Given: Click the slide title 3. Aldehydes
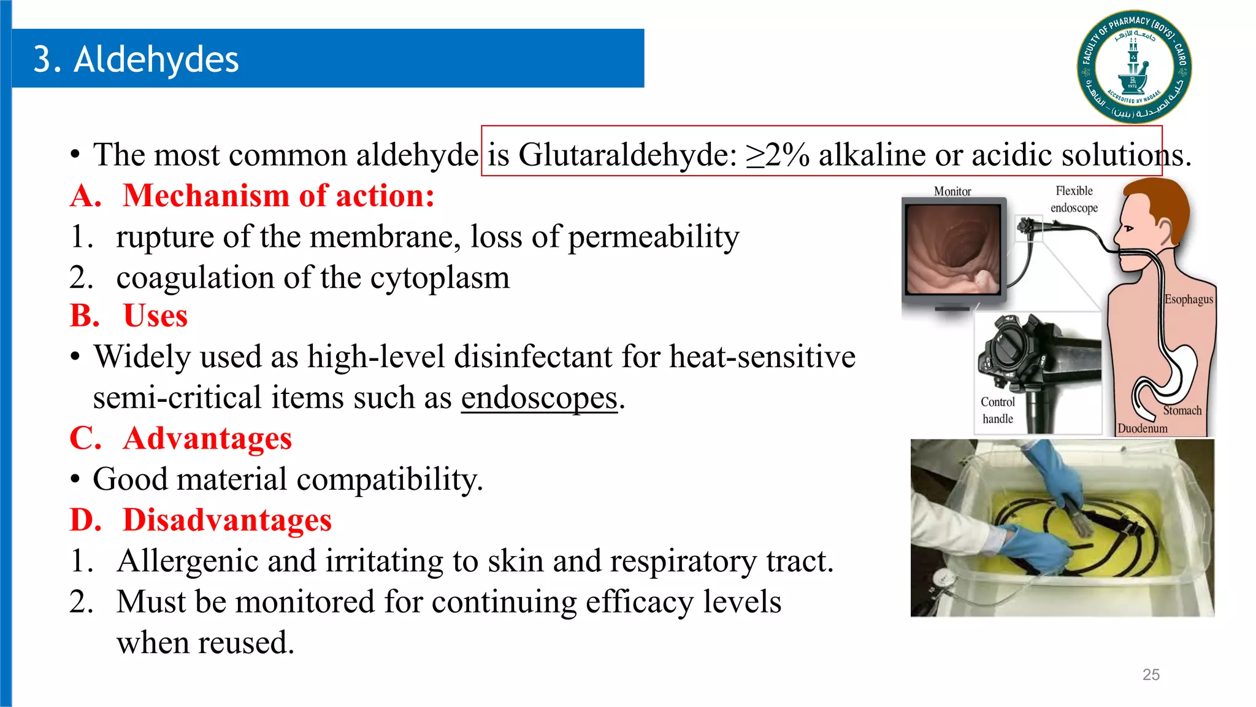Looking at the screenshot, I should click(x=136, y=60).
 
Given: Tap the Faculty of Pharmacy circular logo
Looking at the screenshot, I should click(x=1134, y=66).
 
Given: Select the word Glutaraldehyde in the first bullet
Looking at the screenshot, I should click(x=627, y=154).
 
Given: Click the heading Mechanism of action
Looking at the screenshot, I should click(x=278, y=196).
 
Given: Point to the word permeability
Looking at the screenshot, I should click(x=654, y=237).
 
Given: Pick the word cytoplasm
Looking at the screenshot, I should click(x=440, y=277).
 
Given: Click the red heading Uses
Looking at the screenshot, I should click(x=155, y=316).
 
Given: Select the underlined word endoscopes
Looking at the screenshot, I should click(x=539, y=398).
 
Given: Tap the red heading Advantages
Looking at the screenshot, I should click(x=207, y=439).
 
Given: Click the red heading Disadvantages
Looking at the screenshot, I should click(x=227, y=520).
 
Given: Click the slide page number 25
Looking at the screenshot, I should click(x=1151, y=674).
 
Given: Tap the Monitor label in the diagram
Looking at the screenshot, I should click(x=952, y=191).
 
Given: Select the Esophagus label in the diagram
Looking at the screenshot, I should click(x=1189, y=299).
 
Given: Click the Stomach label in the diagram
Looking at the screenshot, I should click(x=1182, y=411).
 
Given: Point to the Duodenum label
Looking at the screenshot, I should click(x=1142, y=428).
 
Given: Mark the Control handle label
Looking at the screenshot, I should click(x=998, y=410).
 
